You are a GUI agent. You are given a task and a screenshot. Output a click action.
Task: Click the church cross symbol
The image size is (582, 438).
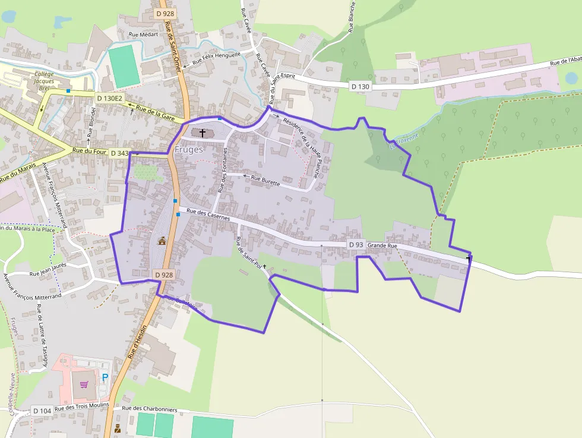(x=203, y=133)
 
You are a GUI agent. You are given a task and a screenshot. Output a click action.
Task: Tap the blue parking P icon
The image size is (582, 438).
(x=105, y=377)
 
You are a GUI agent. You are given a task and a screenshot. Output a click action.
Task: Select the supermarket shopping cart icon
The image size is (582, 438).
(x=84, y=384)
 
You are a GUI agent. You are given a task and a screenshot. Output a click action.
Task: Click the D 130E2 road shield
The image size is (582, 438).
(x=109, y=97)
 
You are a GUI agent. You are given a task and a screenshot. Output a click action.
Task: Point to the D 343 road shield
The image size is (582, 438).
(x=119, y=153)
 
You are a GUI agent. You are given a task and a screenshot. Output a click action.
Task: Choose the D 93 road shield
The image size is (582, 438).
(x=356, y=245)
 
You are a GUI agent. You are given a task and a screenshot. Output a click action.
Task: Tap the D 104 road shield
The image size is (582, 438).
(x=42, y=411)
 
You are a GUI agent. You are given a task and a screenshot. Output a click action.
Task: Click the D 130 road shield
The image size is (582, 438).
(x=360, y=87)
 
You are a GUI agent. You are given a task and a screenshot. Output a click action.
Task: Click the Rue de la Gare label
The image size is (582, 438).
(x=156, y=112)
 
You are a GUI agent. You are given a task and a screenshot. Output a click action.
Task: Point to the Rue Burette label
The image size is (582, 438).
(x=265, y=180)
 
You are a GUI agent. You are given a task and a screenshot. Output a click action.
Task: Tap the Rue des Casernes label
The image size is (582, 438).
(x=208, y=215)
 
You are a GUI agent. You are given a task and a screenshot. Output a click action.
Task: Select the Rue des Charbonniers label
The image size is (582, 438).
(x=150, y=408)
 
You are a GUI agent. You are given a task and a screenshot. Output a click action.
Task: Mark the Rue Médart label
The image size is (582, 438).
(x=143, y=34)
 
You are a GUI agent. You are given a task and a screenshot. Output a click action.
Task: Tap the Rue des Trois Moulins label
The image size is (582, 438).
(x=82, y=407)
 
